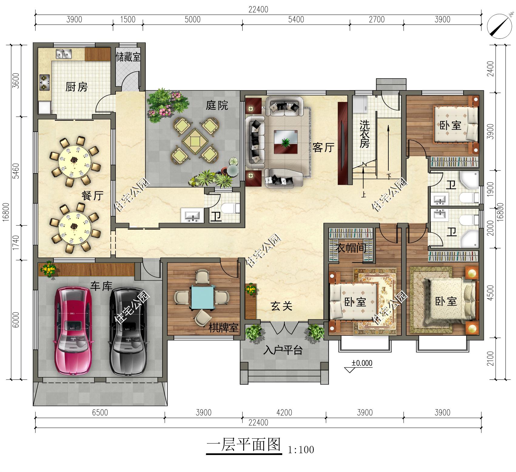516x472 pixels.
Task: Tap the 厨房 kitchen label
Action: pyautogui.click(x=76, y=87)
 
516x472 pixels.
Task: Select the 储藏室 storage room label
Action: pyautogui.click(x=128, y=57)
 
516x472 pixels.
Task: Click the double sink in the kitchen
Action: pyautogui.click(x=63, y=54)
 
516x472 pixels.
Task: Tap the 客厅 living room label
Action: pyautogui.click(x=323, y=148)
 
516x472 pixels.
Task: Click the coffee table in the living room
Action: pyautogui.click(x=285, y=142)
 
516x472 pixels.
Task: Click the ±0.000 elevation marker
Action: pyautogui.click(x=362, y=363)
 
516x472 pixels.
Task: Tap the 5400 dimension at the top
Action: pyautogui.click(x=296, y=20)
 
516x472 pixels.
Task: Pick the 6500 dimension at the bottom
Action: pyautogui.click(x=100, y=413)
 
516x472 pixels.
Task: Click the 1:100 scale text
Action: pyautogui.click(x=301, y=450)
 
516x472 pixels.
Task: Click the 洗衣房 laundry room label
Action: pyautogui.click(x=364, y=134)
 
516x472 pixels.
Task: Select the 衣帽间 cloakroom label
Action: pyautogui.click(x=352, y=248)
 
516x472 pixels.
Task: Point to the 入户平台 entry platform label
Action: pyautogui.click(x=283, y=350)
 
